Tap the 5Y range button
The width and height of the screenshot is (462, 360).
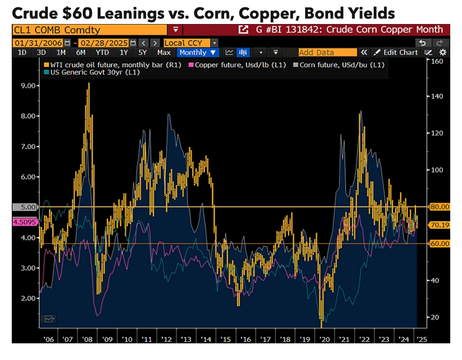[x=142, y=52]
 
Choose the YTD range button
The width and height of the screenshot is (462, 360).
[x=103, y=52]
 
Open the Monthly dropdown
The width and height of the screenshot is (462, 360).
[x=198, y=52]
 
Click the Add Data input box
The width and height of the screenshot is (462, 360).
[x=327, y=52]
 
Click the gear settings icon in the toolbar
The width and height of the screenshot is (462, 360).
[x=443, y=52]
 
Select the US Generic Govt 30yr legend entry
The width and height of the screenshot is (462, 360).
[x=92, y=73]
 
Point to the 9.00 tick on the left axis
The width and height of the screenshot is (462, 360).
[x=28, y=85]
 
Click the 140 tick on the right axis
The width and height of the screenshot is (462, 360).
[x=437, y=97]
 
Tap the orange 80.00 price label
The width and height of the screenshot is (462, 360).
[x=439, y=207]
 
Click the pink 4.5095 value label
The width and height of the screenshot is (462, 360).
[x=24, y=222]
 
